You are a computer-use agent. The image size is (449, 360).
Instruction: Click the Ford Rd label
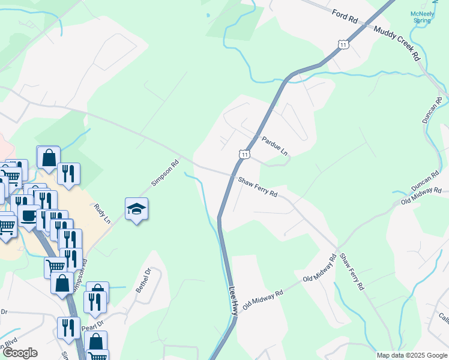click(x=345, y=16)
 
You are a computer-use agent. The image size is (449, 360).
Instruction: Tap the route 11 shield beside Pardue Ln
click(x=244, y=154)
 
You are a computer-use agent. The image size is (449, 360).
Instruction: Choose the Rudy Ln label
click(x=103, y=214)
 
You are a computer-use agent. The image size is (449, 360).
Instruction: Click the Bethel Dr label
click(x=141, y=283)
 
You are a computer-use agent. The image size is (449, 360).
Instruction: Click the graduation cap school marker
click(x=137, y=209)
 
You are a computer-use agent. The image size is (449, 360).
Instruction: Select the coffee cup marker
click(x=28, y=216)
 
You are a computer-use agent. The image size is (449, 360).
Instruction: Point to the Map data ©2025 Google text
click(x=412, y=355)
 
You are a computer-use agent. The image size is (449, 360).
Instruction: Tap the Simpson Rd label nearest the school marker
click(x=165, y=172)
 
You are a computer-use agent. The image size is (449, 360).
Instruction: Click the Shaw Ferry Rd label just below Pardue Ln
click(x=258, y=187)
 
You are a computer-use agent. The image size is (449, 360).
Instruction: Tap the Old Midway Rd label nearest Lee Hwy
click(x=262, y=298)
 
